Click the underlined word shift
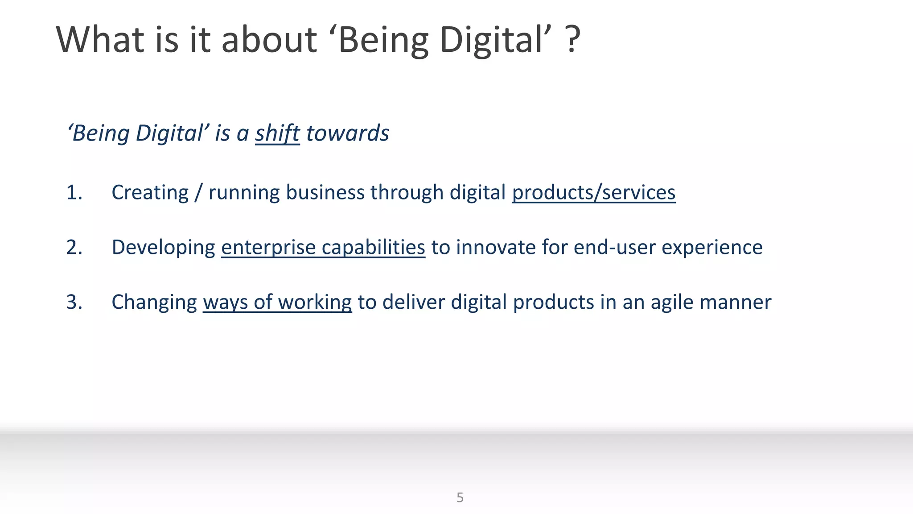277,133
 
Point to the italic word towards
348,133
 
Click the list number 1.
74,193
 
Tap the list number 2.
74,248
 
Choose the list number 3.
74,303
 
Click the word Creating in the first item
150,193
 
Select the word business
325,193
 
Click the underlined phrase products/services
593,193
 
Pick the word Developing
163,248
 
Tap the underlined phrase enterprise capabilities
323,248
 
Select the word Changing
154,303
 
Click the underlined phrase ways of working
277,303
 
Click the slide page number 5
460,497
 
